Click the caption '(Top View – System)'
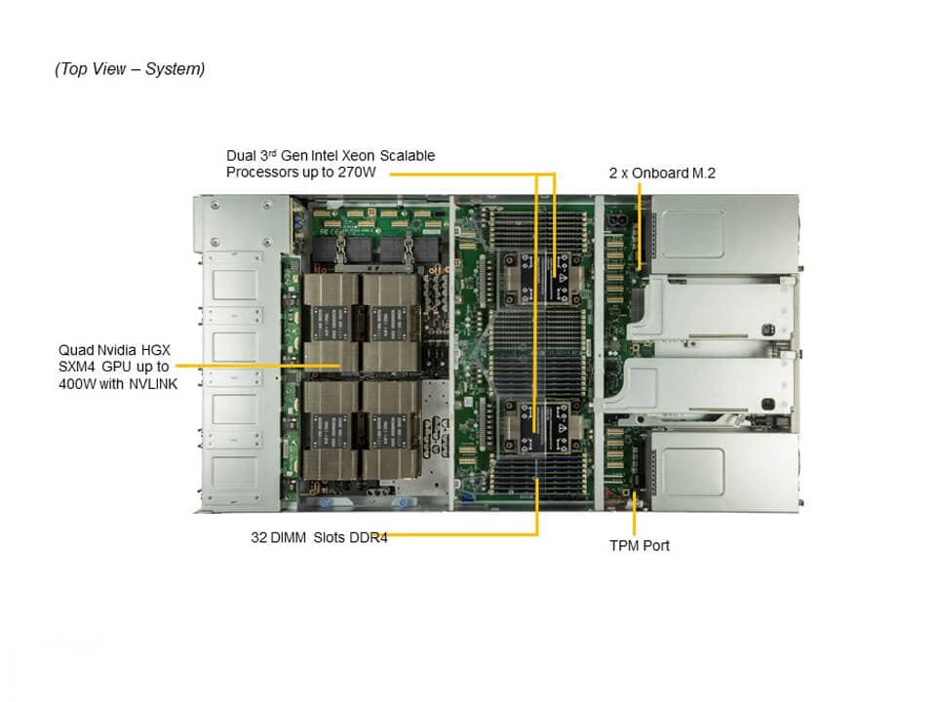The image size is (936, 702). click(130, 69)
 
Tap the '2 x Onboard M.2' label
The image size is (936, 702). click(662, 174)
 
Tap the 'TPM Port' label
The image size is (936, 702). click(640, 546)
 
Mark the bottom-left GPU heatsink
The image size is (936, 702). click(331, 428)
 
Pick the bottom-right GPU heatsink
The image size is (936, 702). click(389, 428)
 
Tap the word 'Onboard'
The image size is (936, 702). click(660, 174)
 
